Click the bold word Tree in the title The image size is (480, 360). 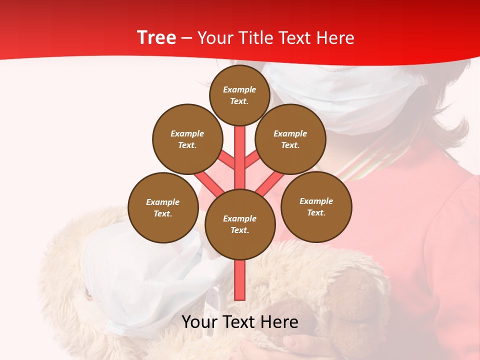click(156, 38)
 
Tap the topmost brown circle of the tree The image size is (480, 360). click(239, 95)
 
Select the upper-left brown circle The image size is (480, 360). click(187, 139)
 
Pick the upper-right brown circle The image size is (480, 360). click(290, 139)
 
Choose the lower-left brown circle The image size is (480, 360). click(163, 207)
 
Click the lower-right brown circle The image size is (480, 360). click(316, 206)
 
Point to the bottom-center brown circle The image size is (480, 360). click(240, 224)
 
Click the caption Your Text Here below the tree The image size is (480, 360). click(240, 322)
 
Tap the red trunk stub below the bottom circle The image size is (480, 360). click(240, 280)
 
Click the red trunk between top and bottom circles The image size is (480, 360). click(240, 160)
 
